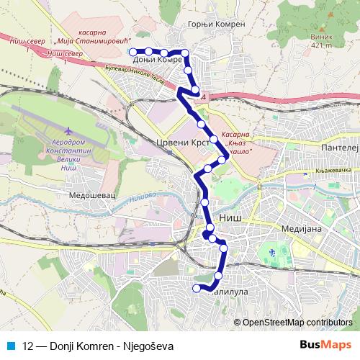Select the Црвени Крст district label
181,143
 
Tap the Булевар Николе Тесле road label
140,78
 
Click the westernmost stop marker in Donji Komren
132,51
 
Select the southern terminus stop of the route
195,289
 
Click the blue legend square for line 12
11,346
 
